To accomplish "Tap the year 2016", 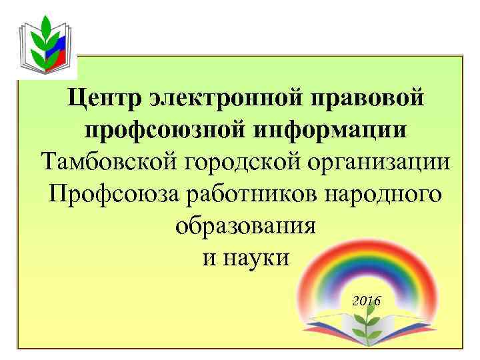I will [x=366, y=301].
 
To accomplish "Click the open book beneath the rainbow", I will [x=363, y=337].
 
